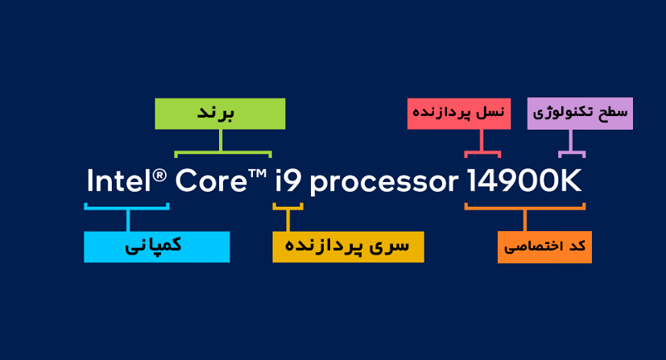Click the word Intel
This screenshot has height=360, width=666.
pos(119,181)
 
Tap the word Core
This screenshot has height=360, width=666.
pos(211,181)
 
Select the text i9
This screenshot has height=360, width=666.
pos(288,181)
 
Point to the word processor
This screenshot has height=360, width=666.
pos(384,184)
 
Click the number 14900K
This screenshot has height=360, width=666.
pos(524,181)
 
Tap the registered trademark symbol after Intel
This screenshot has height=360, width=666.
pos(159,176)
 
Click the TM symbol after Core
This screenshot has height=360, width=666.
pos(258,173)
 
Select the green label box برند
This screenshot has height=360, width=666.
pos(220,114)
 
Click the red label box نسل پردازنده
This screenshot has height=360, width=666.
pos(459,114)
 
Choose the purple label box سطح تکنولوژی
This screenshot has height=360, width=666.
pos(580,114)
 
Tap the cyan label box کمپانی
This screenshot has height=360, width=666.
pos(157,247)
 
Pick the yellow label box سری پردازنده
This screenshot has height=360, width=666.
pos(348,247)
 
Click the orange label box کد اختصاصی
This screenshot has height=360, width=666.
pos(544,247)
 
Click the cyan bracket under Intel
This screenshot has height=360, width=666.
pos(127,208)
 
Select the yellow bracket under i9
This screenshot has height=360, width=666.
pos(288,208)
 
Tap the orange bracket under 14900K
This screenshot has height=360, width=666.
pos(525,208)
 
